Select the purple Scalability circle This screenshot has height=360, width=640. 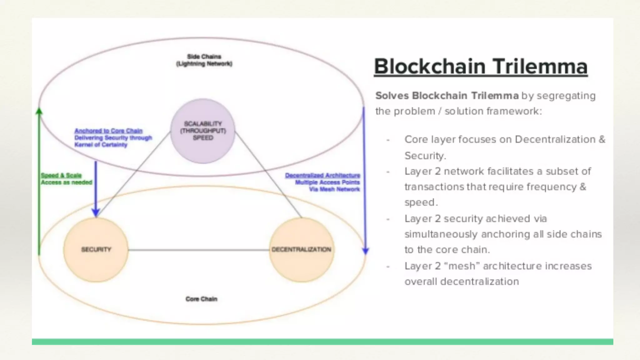[x=203, y=131]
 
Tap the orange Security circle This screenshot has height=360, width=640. [x=96, y=250]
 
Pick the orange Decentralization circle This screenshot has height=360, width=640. [x=301, y=250]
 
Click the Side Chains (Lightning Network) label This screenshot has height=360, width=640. [x=204, y=60]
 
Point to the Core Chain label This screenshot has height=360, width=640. [x=201, y=299]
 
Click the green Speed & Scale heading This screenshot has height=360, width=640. [x=61, y=175]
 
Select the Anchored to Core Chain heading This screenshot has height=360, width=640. [x=108, y=131]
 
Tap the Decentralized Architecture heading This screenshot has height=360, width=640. [x=322, y=175]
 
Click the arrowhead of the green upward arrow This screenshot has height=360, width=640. [x=39, y=111]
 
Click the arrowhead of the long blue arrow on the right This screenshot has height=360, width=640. [x=365, y=251]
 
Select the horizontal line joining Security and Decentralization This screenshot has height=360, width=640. [x=199, y=250]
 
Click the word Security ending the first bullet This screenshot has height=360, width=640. [x=425, y=156]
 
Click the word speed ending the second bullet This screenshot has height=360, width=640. [x=420, y=202]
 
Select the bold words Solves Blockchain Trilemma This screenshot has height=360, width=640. [x=447, y=96]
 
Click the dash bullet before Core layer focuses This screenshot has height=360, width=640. [x=388, y=140]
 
